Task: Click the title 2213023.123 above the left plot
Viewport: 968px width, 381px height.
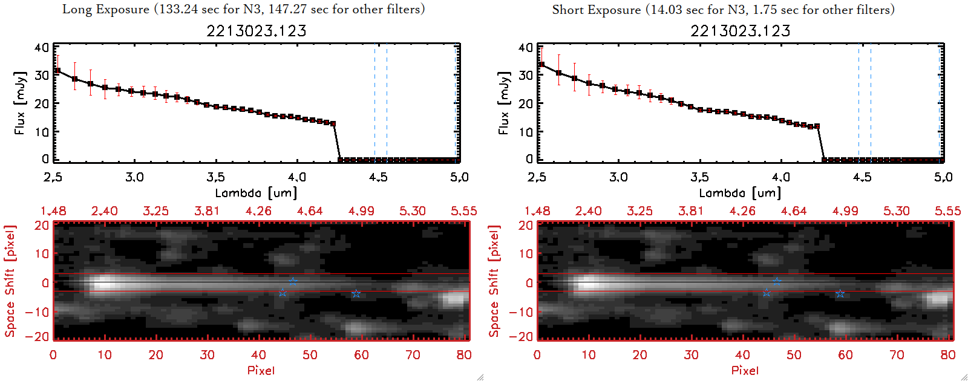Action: [x=257, y=31]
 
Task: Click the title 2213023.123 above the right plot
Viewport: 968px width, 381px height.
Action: [x=741, y=31]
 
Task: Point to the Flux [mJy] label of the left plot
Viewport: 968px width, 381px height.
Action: [x=20, y=103]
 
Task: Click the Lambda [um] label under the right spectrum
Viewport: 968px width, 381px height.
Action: [x=740, y=193]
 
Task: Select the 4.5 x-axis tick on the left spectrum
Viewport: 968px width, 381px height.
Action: [x=378, y=177]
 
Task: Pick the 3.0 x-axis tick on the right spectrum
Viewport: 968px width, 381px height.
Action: [x=618, y=177]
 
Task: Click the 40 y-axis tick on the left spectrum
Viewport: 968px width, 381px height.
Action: [x=42, y=47]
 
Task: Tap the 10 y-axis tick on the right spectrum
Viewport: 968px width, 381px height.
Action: [x=526, y=131]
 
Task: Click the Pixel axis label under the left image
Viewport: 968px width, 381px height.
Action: [x=261, y=370]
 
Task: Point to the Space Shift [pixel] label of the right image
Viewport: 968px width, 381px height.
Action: [x=494, y=281]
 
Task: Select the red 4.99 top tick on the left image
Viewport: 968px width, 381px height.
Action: [x=361, y=211]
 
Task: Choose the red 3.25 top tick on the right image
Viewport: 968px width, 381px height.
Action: [x=639, y=211]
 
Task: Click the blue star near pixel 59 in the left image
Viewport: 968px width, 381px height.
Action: [x=356, y=294]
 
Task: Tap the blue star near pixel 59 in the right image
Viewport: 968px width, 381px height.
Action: [x=840, y=294]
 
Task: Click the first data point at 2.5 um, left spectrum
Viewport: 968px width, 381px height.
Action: [x=57, y=71]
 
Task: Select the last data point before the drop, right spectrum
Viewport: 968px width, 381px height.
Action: [x=817, y=126]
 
